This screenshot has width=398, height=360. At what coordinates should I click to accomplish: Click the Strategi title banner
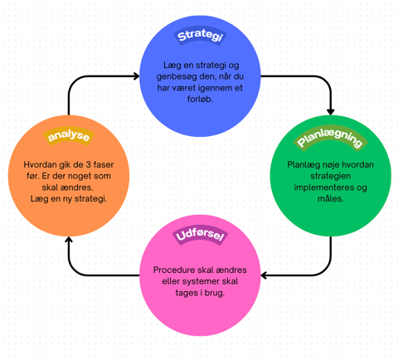(200, 36)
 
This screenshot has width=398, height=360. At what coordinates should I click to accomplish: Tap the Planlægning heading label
(331, 138)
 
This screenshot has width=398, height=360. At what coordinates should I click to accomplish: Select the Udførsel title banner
(200, 236)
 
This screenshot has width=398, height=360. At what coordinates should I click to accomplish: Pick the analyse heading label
(69, 136)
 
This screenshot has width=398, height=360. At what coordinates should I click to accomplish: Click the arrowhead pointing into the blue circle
(136, 76)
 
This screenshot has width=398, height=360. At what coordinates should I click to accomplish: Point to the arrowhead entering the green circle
(331, 112)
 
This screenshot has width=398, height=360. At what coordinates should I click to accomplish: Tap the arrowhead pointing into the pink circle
(264, 275)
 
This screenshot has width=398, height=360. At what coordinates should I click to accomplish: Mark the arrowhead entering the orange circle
(69, 240)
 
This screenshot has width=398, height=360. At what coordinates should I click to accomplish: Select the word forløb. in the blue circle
(200, 99)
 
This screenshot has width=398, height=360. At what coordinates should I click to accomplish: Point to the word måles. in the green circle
(331, 198)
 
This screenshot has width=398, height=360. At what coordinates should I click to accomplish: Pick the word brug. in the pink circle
(215, 293)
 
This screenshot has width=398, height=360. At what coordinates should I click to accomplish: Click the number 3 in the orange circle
(88, 165)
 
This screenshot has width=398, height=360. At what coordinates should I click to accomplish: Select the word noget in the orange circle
(80, 177)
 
